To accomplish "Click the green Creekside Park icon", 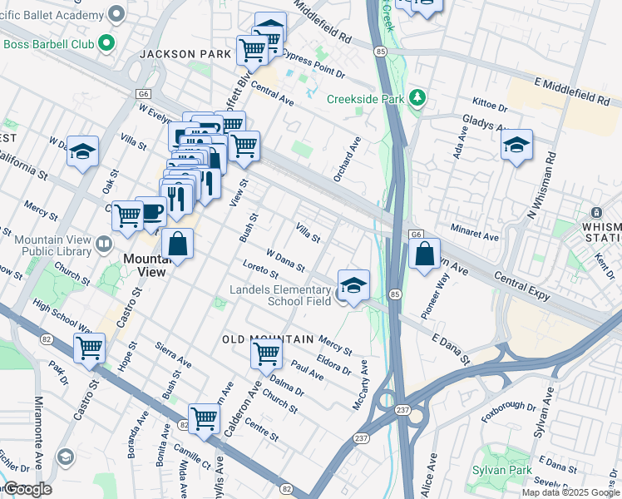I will point(417,99).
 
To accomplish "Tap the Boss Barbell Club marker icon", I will point(106,42).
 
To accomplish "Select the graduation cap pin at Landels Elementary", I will point(353,286).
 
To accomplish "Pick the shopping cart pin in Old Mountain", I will point(266,353).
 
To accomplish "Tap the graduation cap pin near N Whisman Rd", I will point(516,146).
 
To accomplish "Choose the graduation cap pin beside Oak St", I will point(83,151).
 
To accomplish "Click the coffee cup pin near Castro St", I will point(151,211).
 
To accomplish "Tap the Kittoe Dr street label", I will point(490,107).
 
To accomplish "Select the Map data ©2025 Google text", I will point(570,492).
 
